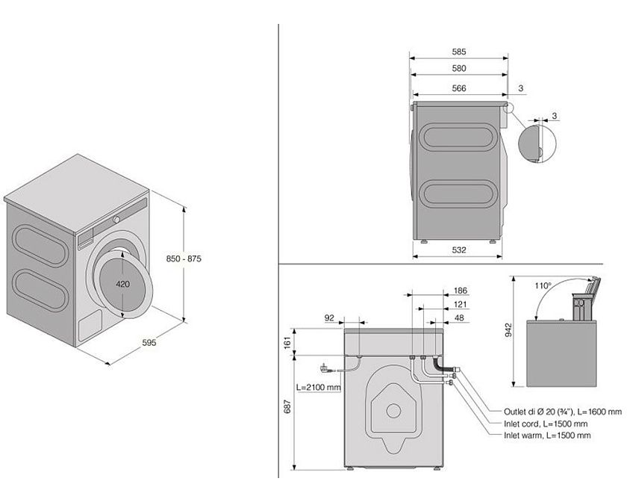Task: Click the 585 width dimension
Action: click(x=459, y=52)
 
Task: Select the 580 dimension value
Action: click(x=459, y=69)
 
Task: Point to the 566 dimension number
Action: click(x=459, y=88)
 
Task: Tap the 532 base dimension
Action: click(x=459, y=250)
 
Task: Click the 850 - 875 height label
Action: click(x=184, y=258)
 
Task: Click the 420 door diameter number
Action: click(x=124, y=284)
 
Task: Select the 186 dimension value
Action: click(x=460, y=290)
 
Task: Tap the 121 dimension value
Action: click(x=460, y=304)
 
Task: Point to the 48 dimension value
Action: click(x=460, y=317)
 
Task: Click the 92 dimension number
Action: click(x=330, y=317)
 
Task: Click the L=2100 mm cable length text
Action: click(x=318, y=388)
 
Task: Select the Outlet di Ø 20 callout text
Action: click(x=562, y=412)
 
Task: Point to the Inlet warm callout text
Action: click(x=547, y=435)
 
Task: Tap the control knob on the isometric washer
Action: click(x=116, y=220)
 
